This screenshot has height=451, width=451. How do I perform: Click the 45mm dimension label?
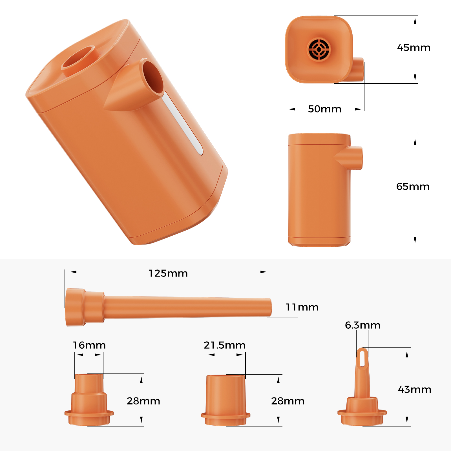[x=414, y=48]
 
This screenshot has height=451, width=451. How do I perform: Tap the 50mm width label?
[x=324, y=109]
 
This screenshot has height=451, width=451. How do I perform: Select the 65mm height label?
[x=413, y=187]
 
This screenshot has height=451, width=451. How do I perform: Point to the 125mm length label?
[x=168, y=273]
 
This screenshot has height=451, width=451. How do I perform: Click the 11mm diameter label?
[x=302, y=307]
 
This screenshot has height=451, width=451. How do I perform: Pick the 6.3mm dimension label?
[x=362, y=325]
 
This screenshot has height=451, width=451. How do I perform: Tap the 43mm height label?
[x=414, y=390]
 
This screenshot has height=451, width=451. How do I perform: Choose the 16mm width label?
[x=89, y=345]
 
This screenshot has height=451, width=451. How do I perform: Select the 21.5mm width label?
[x=224, y=345]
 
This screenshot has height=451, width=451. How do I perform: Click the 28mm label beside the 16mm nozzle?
[x=143, y=401]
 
